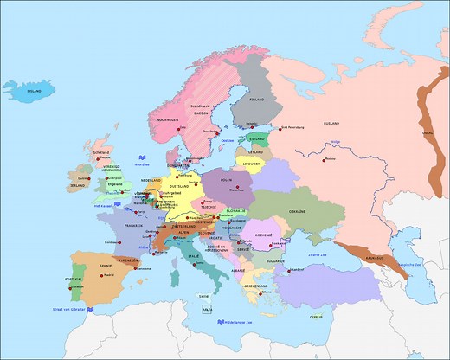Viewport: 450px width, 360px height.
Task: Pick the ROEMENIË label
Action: click(263, 234)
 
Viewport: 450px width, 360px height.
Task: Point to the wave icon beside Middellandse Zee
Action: click(216, 324)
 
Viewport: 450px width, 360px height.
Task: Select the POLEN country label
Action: click(228, 180)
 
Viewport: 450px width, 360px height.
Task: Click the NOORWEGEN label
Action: click(191, 119)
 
